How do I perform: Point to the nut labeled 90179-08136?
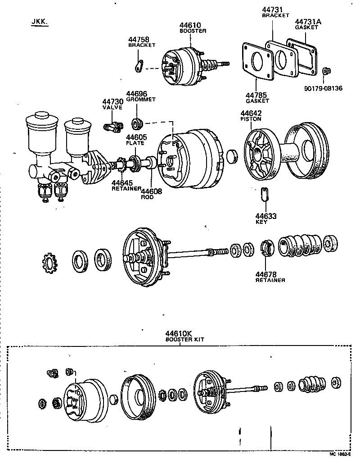pyautogui.click(x=325, y=71)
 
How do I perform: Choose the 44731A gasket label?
pyautogui.click(x=307, y=21)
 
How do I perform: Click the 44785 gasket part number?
pyautogui.click(x=257, y=95)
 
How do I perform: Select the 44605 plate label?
pyautogui.click(x=135, y=137)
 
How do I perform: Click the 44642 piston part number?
pyautogui.click(x=251, y=113)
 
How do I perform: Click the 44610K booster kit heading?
pyautogui.click(x=178, y=333)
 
